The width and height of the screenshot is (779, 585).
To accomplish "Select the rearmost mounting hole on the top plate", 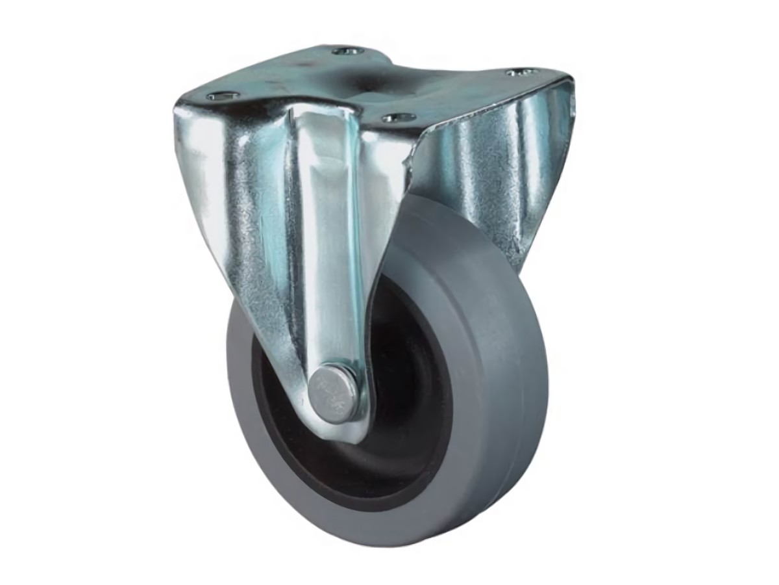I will point(347,50).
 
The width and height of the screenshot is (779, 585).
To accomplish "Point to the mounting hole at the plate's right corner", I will point(521,72).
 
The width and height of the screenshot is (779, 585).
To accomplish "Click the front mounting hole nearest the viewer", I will point(398,118).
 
